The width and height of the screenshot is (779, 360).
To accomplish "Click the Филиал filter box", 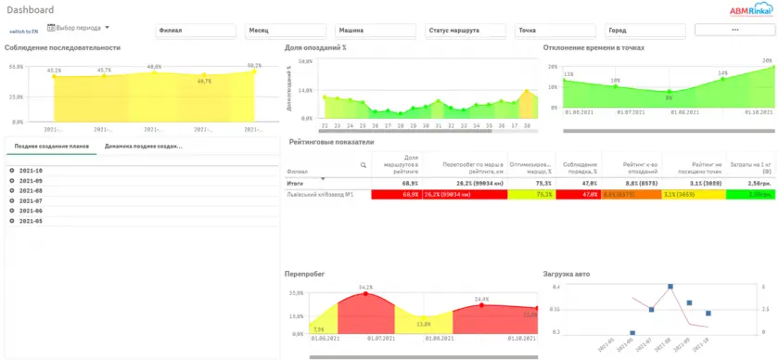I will (x=197, y=30).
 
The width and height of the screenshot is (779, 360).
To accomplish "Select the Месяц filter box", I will (x=286, y=30).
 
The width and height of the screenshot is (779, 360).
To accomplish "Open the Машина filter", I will (x=376, y=30).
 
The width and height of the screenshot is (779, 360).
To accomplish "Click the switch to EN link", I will (x=24, y=31).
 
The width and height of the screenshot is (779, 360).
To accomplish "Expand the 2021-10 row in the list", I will (x=11, y=171).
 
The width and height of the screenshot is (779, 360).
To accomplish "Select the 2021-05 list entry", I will (x=31, y=220).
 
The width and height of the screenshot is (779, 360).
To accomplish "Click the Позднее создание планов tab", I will (x=51, y=146).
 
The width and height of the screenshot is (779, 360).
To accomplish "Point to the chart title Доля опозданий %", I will (x=315, y=47).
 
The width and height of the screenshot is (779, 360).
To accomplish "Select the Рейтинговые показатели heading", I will (x=331, y=143).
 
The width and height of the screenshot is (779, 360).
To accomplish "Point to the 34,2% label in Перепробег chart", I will (x=365, y=287).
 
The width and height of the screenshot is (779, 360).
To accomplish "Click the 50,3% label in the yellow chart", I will (x=254, y=65).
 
